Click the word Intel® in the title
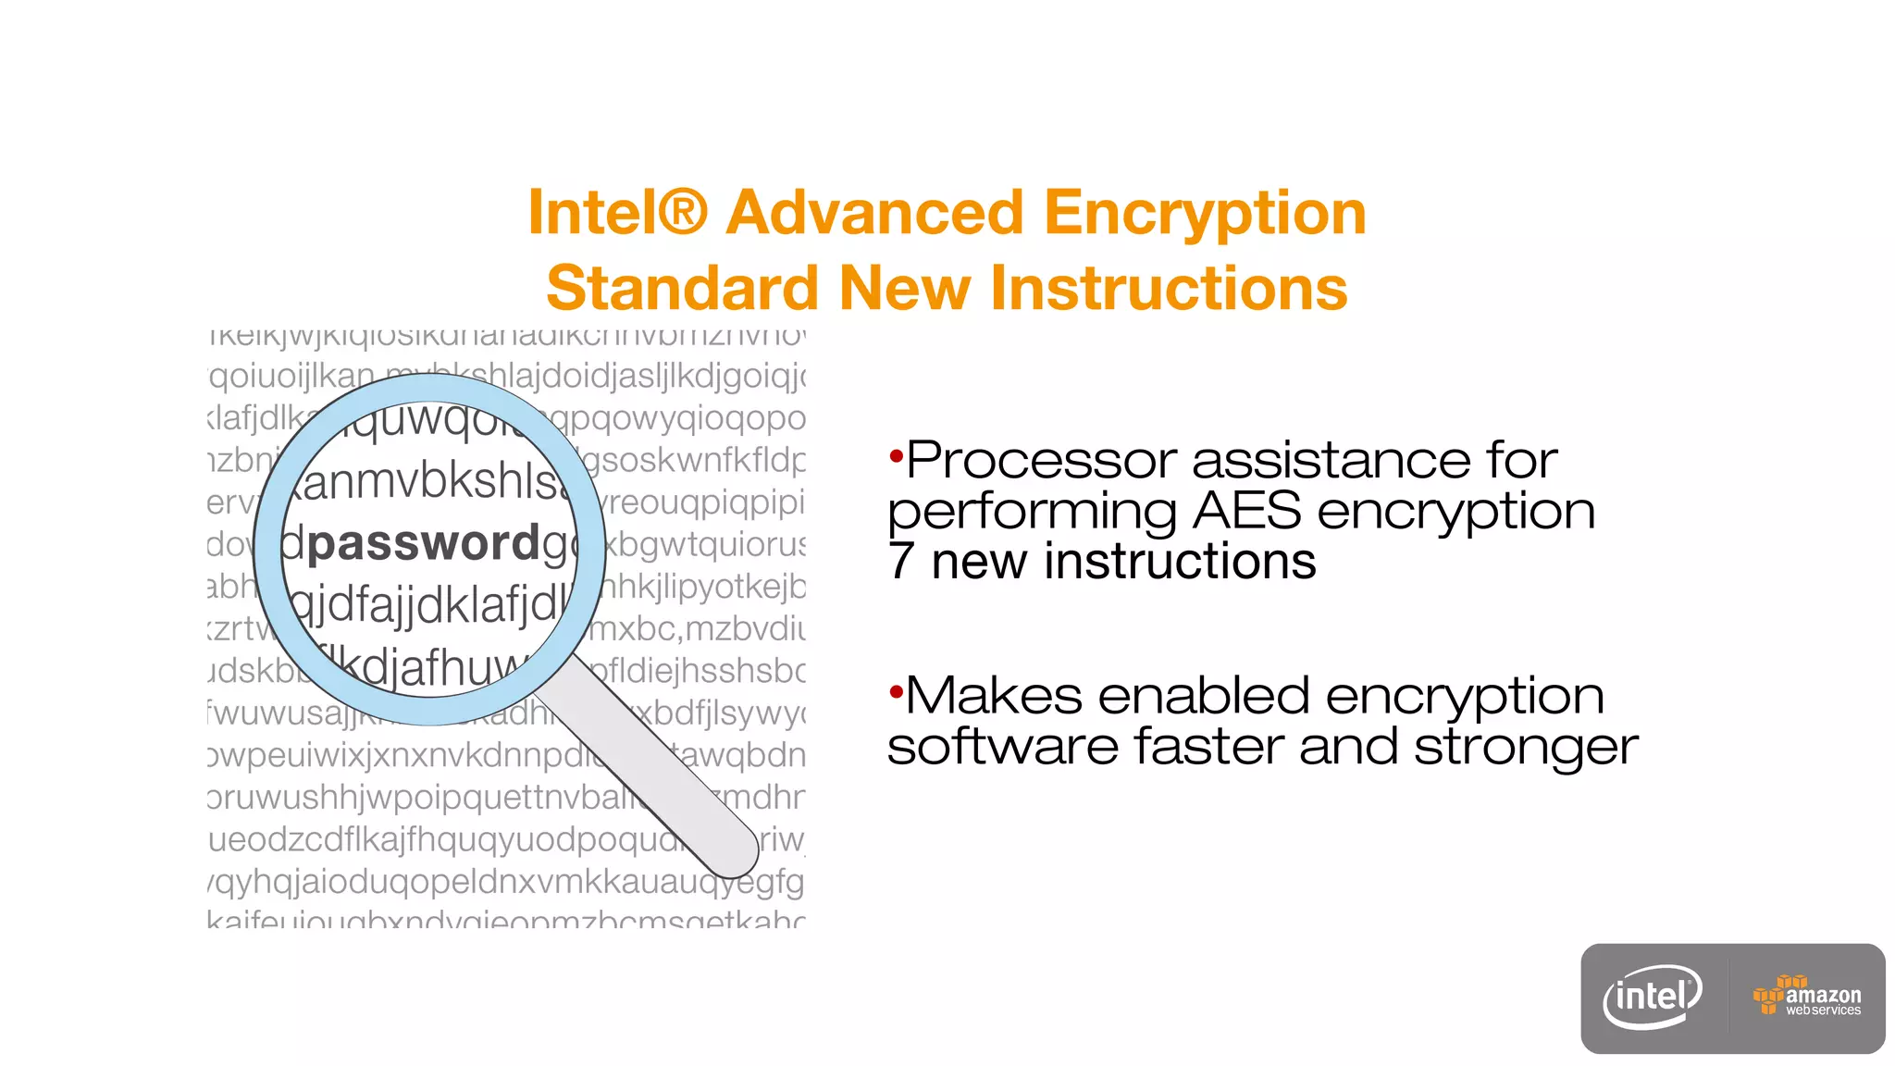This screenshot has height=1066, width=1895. [617, 213]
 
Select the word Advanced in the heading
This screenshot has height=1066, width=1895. [874, 213]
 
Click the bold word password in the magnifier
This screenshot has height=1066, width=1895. [424, 544]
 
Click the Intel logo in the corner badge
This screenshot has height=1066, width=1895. [1653, 997]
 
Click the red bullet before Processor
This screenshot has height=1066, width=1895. [895, 455]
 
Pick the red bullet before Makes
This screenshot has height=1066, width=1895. [895, 691]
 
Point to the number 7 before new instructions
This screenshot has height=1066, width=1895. [900, 562]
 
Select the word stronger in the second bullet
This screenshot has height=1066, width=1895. [1526, 748]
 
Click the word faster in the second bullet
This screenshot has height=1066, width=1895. [1208, 746]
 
